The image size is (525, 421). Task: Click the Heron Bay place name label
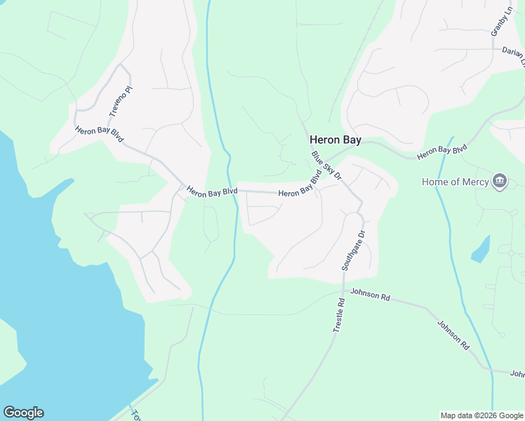(x=335, y=140)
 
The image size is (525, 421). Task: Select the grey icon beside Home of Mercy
(x=500, y=182)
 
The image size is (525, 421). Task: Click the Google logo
(x=23, y=413)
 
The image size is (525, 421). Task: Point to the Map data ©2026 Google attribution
(x=482, y=415)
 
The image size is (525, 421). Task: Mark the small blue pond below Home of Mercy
(x=481, y=249)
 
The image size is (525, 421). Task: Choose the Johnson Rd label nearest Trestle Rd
(x=370, y=295)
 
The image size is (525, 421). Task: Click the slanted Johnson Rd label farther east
(x=453, y=335)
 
